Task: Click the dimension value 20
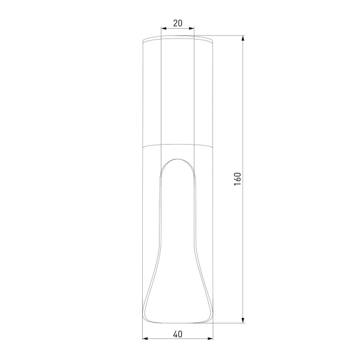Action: tap(178, 23)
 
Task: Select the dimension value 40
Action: tap(178, 334)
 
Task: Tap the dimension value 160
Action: tap(238, 179)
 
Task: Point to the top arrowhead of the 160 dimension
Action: tap(243, 39)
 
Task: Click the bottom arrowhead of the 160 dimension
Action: tap(243, 320)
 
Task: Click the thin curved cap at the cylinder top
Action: tap(178, 40)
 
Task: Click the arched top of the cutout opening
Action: tap(178, 160)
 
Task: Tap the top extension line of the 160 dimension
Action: tap(228, 35)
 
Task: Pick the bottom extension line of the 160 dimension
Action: tap(228, 323)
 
